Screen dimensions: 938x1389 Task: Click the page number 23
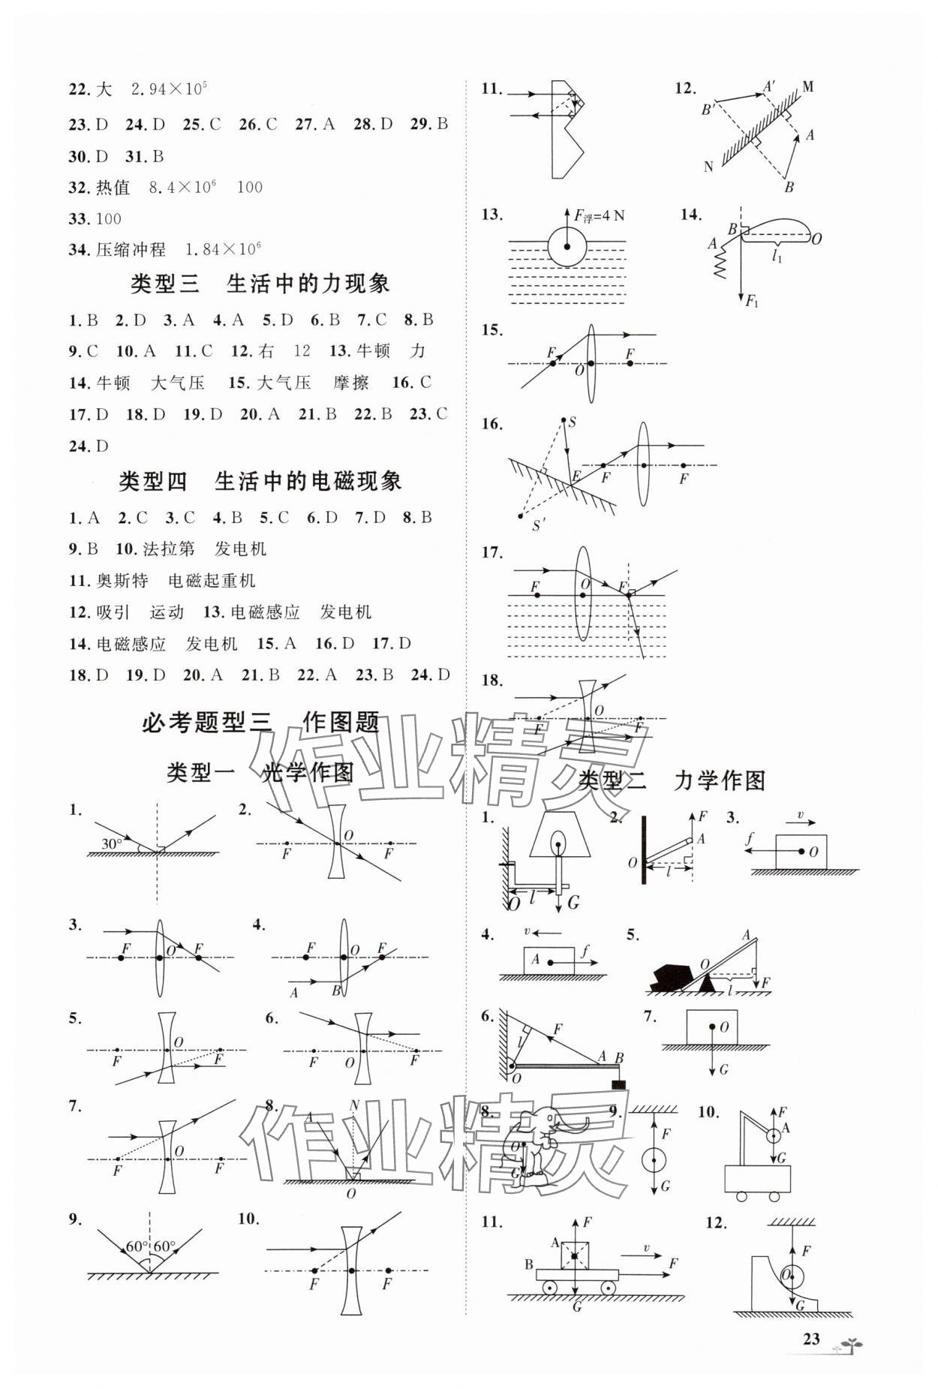[810, 1339]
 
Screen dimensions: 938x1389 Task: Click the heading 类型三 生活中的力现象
[260, 284]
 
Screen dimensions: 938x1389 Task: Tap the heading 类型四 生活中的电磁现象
[260, 481]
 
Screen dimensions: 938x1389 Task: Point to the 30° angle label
[112, 843]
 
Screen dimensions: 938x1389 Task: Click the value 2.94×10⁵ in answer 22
[169, 89]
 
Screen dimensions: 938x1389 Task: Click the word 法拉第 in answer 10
[168, 549]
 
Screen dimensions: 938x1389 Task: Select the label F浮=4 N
[599, 217]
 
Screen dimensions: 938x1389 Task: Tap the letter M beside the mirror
[807, 87]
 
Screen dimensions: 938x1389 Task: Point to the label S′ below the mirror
[538, 525]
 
